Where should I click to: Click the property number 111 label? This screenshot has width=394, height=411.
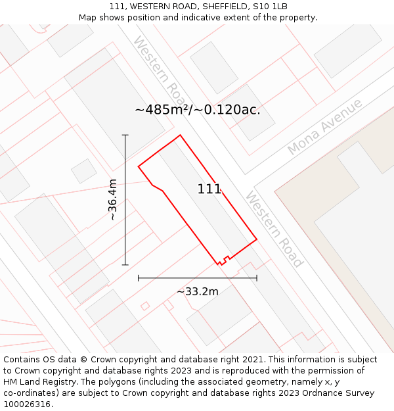tap(209, 189)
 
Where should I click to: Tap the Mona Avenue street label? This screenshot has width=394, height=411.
tap(324, 127)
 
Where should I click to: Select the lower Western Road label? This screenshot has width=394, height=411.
tap(274, 230)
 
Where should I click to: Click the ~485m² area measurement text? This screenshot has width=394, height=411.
tap(197, 110)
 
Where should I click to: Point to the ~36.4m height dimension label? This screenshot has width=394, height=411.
tap(112, 199)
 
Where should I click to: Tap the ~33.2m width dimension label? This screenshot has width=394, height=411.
tap(198, 291)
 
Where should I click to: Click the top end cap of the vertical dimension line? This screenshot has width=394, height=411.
tap(125, 135)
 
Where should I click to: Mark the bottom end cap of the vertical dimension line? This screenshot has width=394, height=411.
tap(125, 265)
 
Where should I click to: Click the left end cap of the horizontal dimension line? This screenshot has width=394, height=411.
tap(139, 278)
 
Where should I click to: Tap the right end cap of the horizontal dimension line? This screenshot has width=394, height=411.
tap(257, 278)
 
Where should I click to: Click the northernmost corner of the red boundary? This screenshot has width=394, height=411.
tap(180, 135)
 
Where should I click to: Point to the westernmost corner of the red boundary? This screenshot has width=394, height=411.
tap(139, 166)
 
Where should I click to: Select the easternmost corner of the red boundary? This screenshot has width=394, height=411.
tap(257, 239)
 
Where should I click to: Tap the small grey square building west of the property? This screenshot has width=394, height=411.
tap(84, 171)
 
